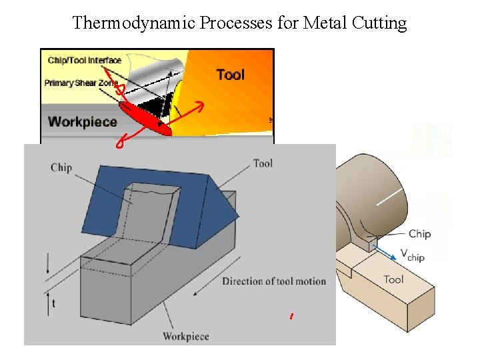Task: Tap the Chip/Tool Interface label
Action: pyautogui.click(x=85, y=61)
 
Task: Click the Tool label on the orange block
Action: pyautogui.click(x=230, y=74)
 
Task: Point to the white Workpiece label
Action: pyautogui.click(x=83, y=122)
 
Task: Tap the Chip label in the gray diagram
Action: pyautogui.click(x=61, y=167)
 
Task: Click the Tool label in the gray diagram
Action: pyautogui.click(x=263, y=163)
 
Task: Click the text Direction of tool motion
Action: pyautogui.click(x=274, y=281)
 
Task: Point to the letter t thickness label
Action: pyautogui.click(x=53, y=303)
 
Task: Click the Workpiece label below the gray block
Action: pyautogui.click(x=187, y=336)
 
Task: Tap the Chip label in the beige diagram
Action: pyautogui.click(x=419, y=233)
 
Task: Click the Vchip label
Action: pyautogui.click(x=412, y=255)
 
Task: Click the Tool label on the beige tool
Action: pyautogui.click(x=393, y=279)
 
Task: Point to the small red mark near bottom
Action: pyautogui.click(x=291, y=317)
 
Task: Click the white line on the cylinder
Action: pyautogui.click(x=391, y=197)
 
